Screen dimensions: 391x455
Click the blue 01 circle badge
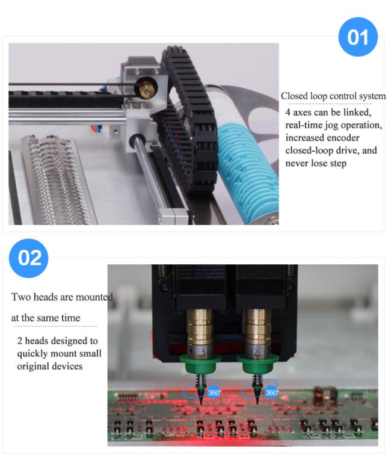point(358,37)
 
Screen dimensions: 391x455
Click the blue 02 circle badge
point(29,258)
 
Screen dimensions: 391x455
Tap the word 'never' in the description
point(297,163)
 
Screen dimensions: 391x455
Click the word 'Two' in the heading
point(21,297)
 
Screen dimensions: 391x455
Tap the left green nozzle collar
point(200,364)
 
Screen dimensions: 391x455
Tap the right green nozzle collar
point(257,364)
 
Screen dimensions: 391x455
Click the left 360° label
point(214,393)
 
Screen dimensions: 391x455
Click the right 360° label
point(271,393)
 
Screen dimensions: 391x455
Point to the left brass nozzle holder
point(200,327)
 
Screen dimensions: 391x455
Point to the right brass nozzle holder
point(257,327)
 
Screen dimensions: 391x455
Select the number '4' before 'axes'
point(288,113)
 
